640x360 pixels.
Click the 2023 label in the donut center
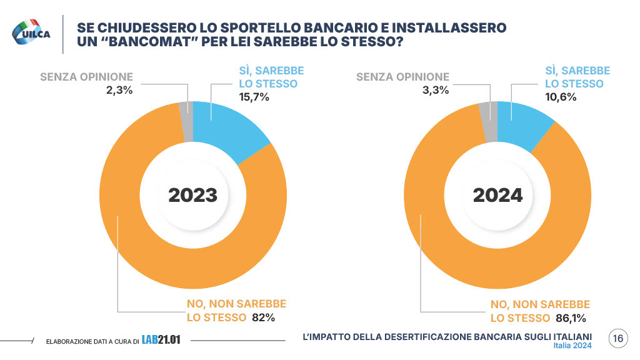coord(192,195)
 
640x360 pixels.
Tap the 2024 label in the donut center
coord(497,195)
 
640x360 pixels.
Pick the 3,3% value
coord(436,90)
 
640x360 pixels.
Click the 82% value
coord(263,317)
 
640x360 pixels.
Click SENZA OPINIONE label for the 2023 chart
coord(86,77)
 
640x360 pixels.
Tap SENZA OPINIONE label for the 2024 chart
coord(402,77)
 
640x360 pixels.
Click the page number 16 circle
coord(617,338)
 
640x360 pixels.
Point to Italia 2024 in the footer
coord(572,346)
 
